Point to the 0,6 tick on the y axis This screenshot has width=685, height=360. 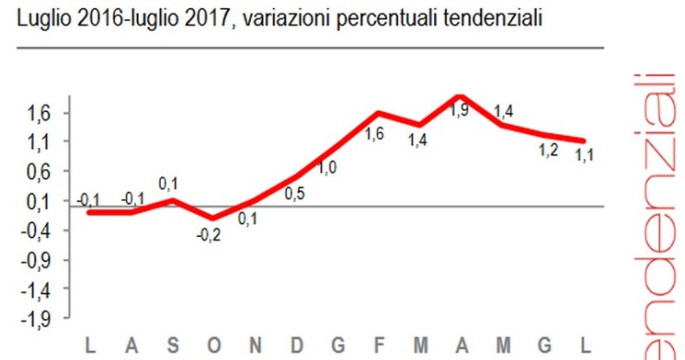50,171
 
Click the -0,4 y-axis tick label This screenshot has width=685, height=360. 47,230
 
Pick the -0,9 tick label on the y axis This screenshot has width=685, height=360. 47,260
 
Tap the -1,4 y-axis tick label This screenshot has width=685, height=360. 47,290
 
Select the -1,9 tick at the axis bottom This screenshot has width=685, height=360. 47,319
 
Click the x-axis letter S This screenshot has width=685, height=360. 173,347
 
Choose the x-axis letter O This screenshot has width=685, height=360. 214,347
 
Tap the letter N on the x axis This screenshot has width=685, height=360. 255,347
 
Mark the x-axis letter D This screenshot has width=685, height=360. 296,347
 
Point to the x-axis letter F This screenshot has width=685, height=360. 379,347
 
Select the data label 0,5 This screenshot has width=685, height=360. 295,193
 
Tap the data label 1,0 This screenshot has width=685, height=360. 328,168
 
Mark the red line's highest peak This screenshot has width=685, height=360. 460,96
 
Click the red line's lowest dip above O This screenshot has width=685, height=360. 214,217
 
